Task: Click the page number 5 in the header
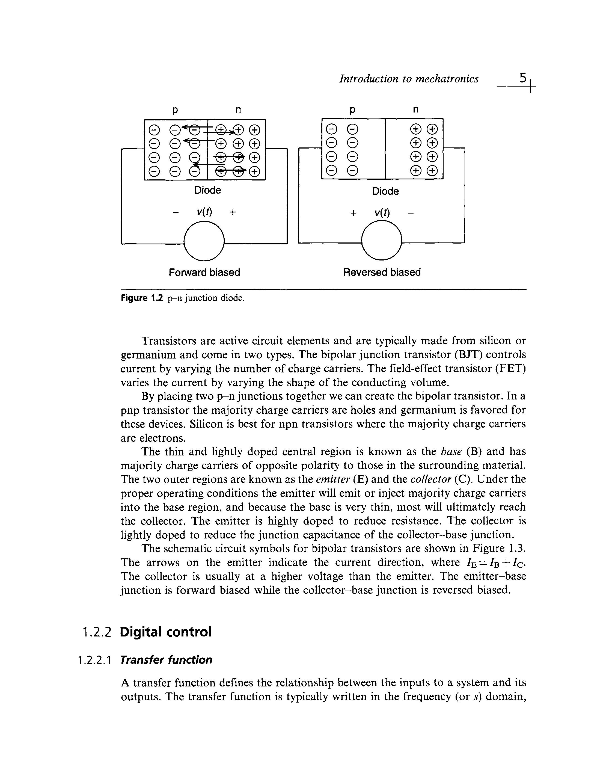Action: [x=522, y=78]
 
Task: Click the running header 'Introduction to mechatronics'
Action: [x=409, y=79]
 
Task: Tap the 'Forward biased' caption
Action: [x=204, y=272]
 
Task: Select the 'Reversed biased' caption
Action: [x=382, y=272]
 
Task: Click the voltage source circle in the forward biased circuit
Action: [x=204, y=241]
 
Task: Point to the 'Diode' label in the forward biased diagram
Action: [x=207, y=190]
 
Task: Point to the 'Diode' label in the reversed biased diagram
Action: [x=385, y=191]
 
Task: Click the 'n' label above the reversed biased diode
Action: [x=416, y=109]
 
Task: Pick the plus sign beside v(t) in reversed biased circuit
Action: [x=353, y=213]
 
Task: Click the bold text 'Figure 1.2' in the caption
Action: [x=142, y=298]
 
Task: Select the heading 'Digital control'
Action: [x=166, y=632]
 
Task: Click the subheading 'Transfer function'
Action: [x=166, y=660]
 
